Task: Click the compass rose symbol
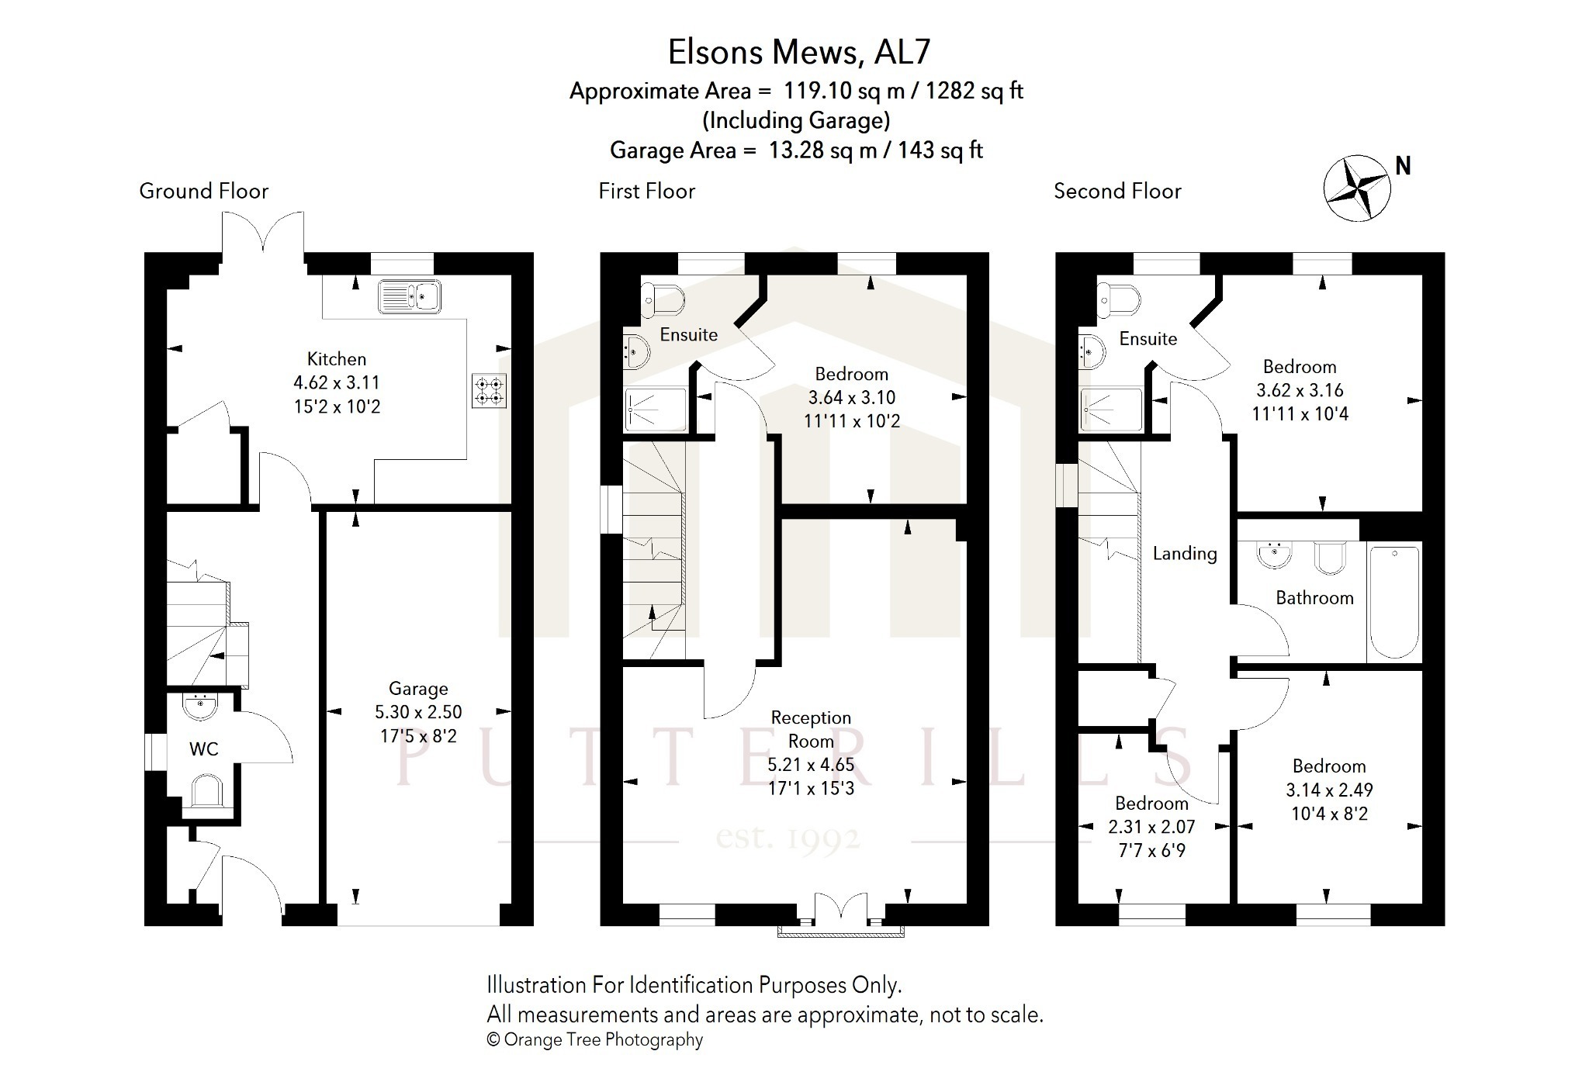coord(1357,188)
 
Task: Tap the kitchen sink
coord(410,296)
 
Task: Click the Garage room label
coord(418,689)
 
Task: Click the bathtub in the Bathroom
coord(1394,603)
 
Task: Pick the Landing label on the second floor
coord(1185,554)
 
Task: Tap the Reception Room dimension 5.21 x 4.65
coord(811,765)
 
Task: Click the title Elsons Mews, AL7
coord(799,52)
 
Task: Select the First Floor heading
coord(646,191)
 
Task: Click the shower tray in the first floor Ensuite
coord(656,410)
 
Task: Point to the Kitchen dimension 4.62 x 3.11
coord(337,382)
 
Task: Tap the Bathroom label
coord(1314,598)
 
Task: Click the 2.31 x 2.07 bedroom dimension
coord(1151,827)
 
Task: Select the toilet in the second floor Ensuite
coord(1118,299)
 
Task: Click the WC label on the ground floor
coord(204,749)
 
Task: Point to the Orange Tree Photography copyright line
coord(594,1040)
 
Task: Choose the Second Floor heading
coord(1117,191)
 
